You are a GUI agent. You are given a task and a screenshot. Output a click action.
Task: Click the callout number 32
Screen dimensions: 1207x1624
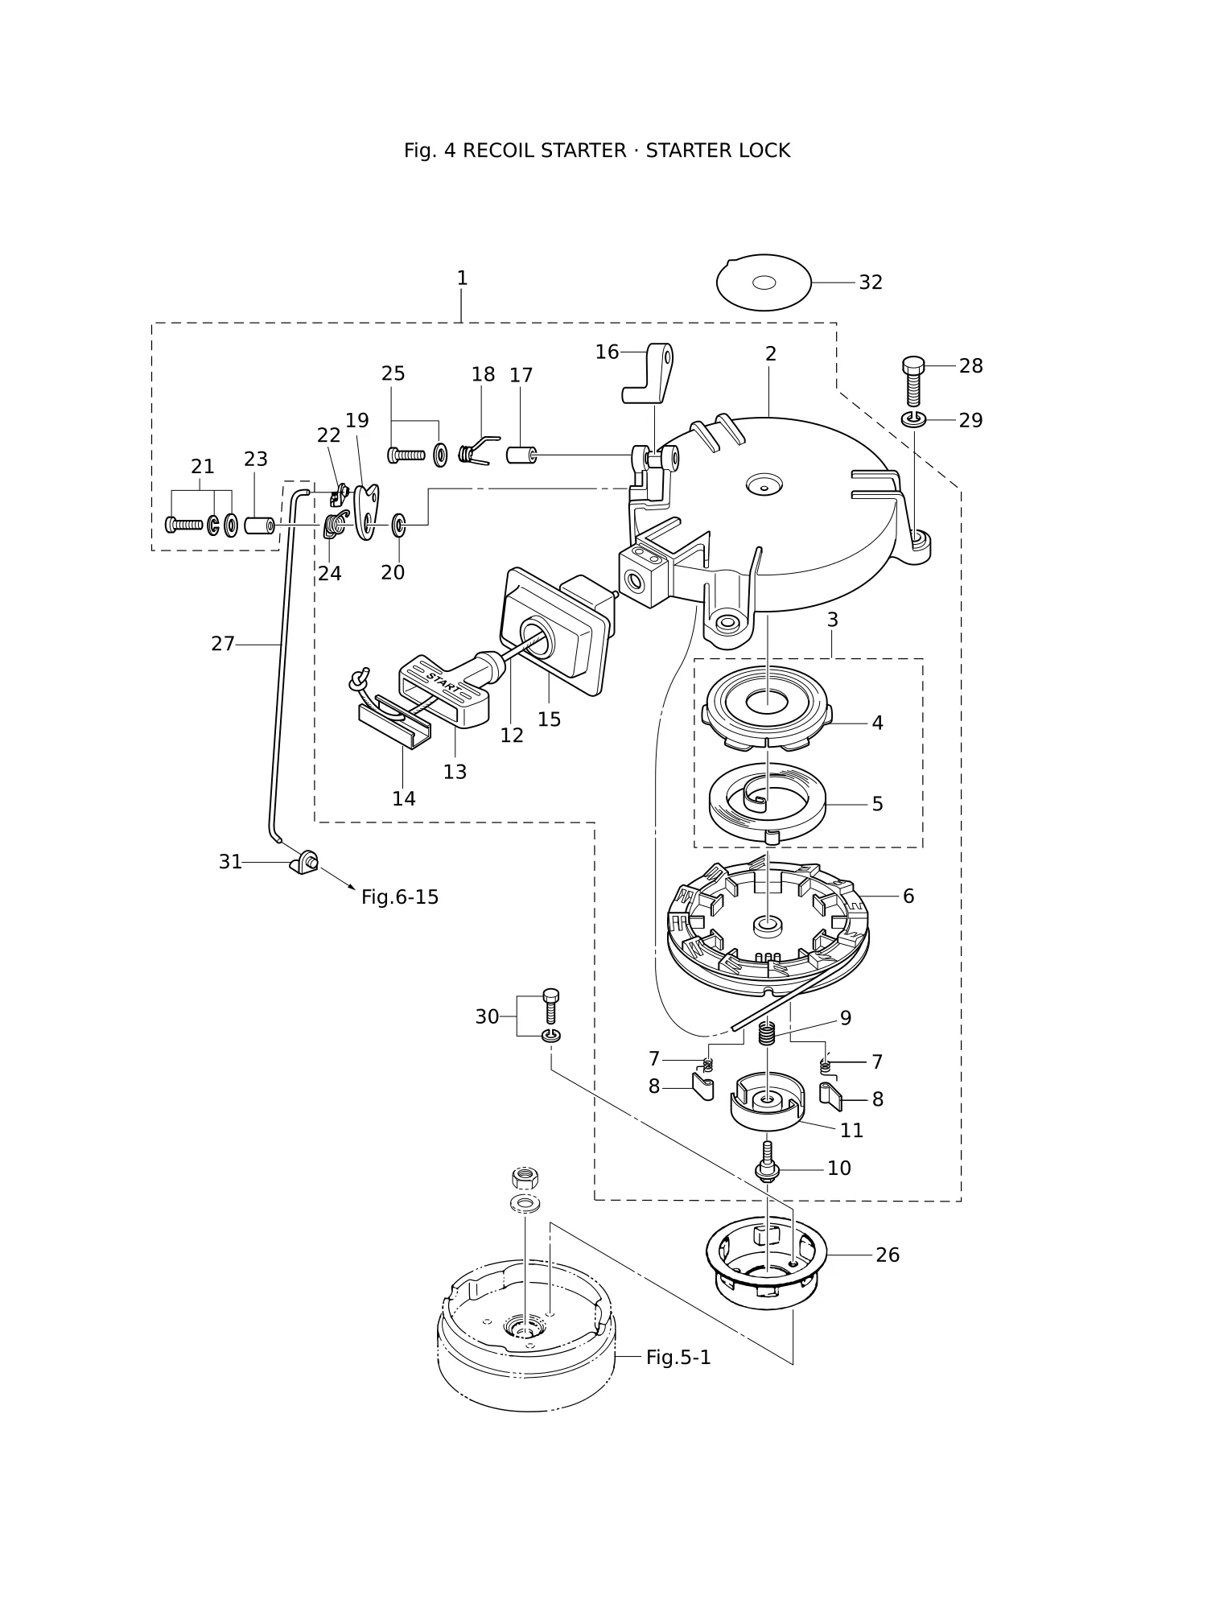pos(871,282)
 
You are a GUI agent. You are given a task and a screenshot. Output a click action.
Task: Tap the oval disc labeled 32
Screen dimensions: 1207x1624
pos(764,282)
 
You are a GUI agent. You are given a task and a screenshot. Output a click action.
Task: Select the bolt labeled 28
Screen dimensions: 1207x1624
pos(914,381)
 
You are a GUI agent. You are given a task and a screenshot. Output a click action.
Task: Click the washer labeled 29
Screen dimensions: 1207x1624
pos(914,419)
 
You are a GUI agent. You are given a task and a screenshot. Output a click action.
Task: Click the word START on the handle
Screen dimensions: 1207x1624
pos(444,682)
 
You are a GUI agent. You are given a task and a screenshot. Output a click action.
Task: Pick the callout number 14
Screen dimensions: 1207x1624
pos(404,798)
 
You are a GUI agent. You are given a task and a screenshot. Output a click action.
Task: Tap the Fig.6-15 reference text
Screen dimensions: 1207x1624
pos(400,896)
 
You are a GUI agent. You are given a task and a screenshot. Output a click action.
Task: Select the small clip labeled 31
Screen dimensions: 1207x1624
pos(304,862)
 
